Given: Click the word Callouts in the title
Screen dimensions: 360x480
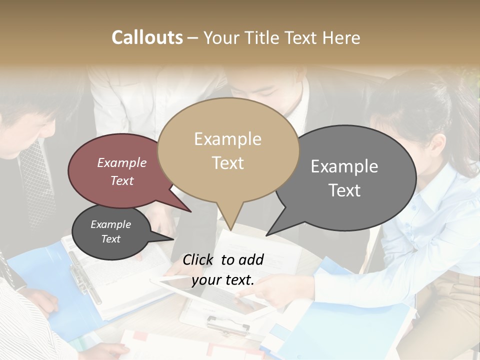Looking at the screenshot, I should tap(147, 37).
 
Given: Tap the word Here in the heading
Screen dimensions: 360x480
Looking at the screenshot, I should tap(342, 38).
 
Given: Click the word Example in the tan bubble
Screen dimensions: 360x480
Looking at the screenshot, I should tap(227, 139).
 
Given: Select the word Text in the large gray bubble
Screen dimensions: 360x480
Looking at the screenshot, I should tap(344, 190).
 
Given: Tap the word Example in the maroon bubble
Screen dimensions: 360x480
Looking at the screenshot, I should tap(121, 162).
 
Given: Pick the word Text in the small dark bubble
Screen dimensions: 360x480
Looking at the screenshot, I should tap(110, 239).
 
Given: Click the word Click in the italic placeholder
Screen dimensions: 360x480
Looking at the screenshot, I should tap(199, 259).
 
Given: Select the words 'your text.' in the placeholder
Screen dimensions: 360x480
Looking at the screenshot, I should tap(222, 280).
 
